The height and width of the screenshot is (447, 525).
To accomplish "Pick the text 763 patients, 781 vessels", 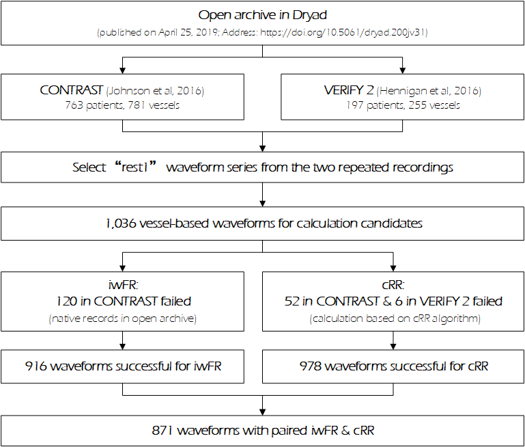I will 122,105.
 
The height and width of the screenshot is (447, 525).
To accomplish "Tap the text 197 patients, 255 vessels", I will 403,105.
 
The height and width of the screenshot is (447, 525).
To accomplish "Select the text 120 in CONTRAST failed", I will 122,301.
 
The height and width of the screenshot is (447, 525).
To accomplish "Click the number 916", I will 36,367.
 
